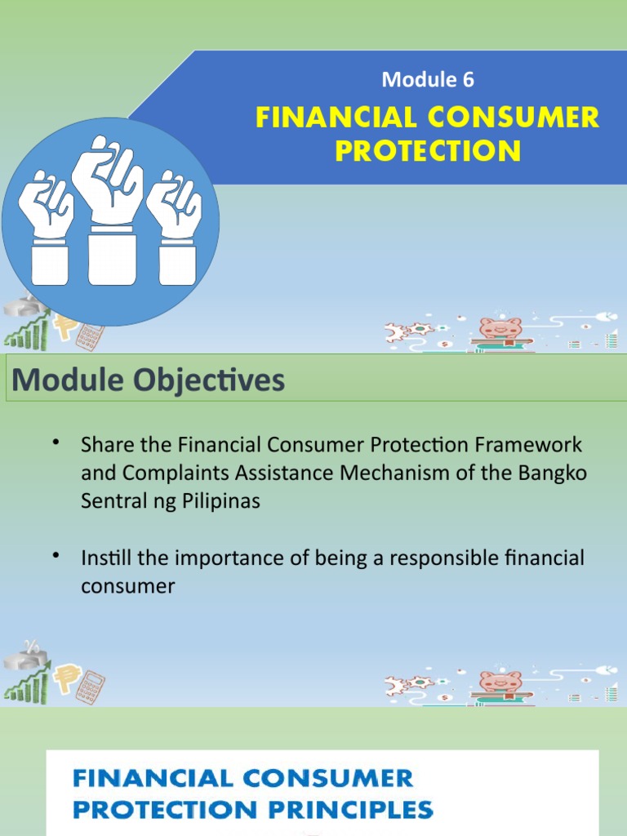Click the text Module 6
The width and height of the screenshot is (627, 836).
point(428,79)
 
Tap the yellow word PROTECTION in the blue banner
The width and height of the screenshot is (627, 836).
point(427,151)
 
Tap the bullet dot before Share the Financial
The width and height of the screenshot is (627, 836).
point(56,442)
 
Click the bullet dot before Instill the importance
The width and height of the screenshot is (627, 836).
point(56,556)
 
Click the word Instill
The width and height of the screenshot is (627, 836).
point(104,559)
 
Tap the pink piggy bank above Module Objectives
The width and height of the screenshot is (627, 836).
point(500,329)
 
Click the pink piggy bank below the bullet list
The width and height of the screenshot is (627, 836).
point(500,682)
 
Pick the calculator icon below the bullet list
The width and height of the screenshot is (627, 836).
point(91,686)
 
